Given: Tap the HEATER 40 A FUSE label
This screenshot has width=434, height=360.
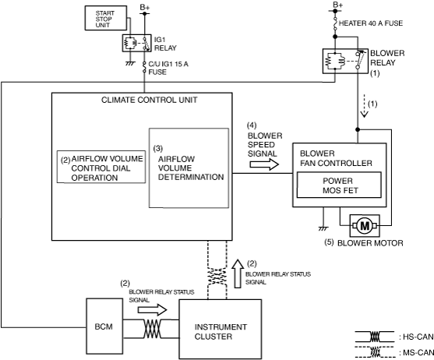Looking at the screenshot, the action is (371, 23).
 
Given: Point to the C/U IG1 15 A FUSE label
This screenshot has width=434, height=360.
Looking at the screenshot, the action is (168, 68).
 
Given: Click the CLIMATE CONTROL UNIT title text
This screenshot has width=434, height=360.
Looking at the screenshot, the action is (149, 100).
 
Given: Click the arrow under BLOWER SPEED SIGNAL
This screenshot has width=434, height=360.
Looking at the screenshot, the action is (264, 164).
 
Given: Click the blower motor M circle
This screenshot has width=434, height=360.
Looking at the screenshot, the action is (365, 226).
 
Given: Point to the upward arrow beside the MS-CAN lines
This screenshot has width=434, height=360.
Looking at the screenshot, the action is (238, 274).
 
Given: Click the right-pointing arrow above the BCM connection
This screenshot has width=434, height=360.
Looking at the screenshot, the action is (153, 309).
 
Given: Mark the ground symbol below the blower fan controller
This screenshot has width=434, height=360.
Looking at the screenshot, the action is (323, 228).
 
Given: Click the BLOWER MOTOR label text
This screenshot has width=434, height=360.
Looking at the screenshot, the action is (370, 243).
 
